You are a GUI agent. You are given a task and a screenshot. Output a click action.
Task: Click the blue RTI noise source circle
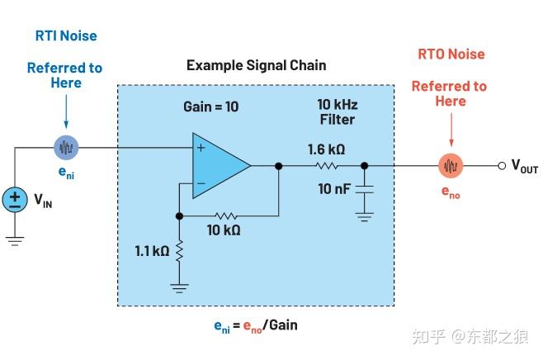click(x=66, y=148)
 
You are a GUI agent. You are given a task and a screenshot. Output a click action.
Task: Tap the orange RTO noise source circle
click(x=450, y=165)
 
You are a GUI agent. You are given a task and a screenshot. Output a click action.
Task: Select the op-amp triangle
click(x=219, y=165)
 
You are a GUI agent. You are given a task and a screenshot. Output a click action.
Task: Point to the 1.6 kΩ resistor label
click(x=326, y=149)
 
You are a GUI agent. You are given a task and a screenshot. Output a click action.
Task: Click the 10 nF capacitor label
click(x=334, y=189)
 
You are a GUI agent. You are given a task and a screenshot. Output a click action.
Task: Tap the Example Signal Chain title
click(x=256, y=65)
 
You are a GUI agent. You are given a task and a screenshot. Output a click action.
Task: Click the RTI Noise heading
click(x=65, y=36)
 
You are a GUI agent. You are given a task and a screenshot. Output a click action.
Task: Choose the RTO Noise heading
click(x=450, y=54)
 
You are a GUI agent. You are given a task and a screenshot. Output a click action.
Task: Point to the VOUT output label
click(x=525, y=166)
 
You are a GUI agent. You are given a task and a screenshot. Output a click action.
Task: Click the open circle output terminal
click(x=502, y=165)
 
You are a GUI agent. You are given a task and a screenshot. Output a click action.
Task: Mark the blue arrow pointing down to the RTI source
click(x=66, y=111)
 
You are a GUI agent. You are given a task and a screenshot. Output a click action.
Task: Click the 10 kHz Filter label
click(x=336, y=112)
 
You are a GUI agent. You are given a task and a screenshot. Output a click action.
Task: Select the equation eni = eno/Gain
click(x=255, y=324)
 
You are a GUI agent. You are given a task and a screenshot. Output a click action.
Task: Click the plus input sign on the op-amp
click(x=201, y=149)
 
